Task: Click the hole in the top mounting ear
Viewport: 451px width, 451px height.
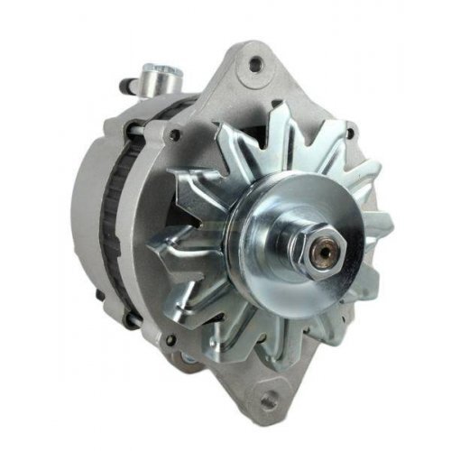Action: click(254, 63)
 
